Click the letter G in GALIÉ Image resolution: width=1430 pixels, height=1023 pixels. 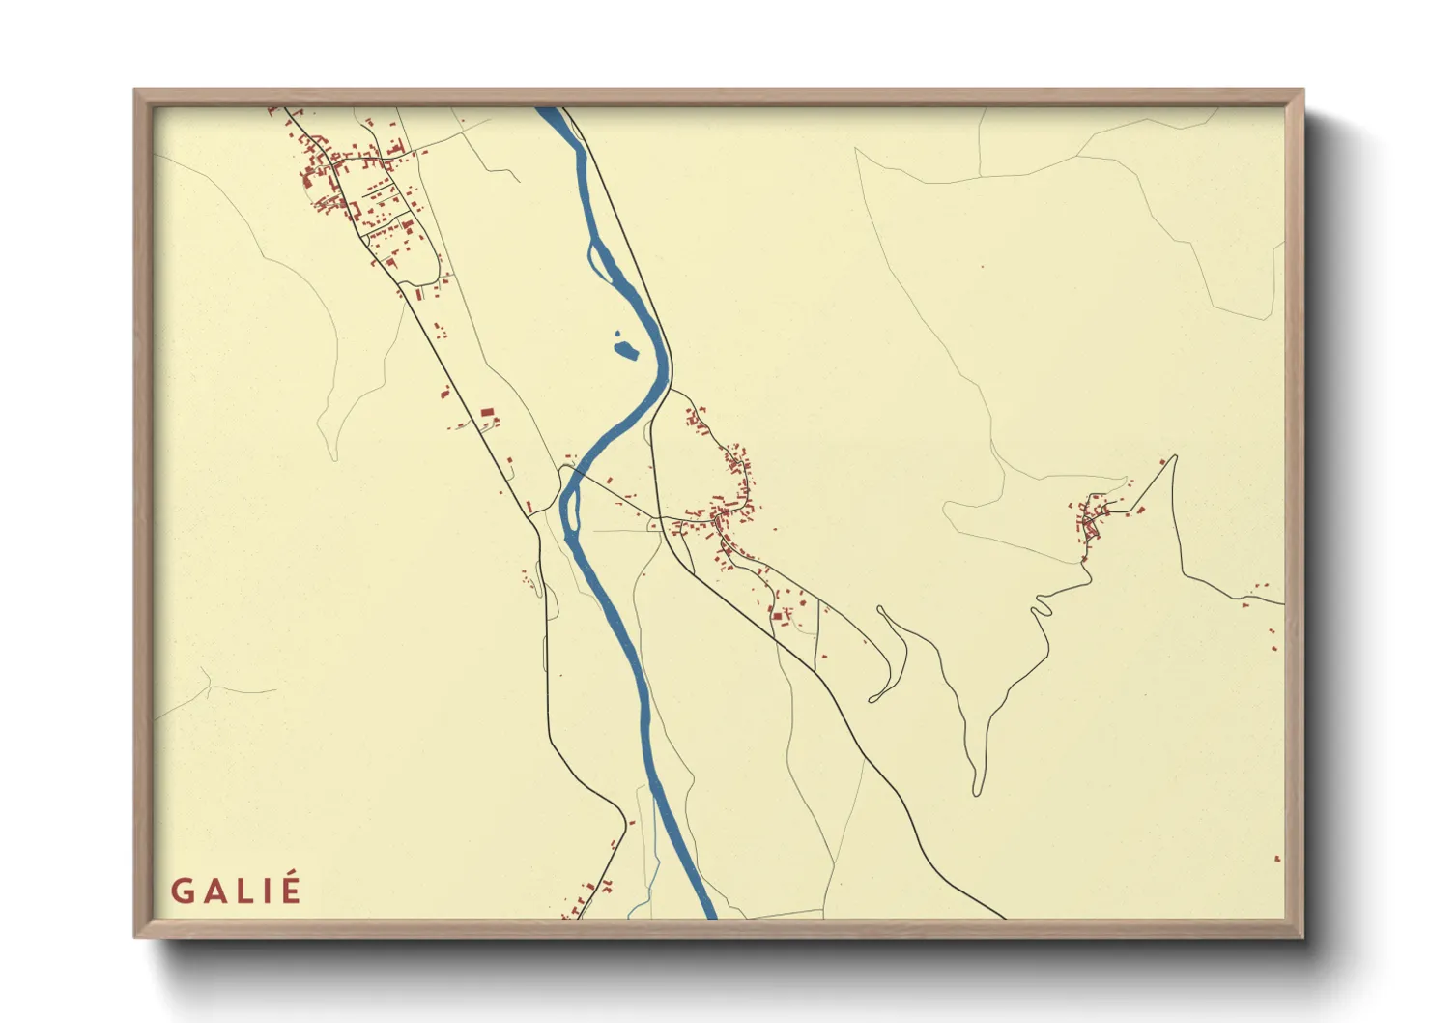point(183,891)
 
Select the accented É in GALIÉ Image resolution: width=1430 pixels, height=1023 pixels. point(290,889)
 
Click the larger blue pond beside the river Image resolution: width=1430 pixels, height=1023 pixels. point(627,350)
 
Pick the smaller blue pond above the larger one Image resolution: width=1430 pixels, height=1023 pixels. point(618,336)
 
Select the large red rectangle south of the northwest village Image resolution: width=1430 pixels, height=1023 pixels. point(487,413)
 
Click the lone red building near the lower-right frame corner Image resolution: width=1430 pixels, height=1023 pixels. point(1277,858)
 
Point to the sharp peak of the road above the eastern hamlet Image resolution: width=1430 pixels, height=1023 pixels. point(1175,456)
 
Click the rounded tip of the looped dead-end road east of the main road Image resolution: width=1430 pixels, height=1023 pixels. point(873,698)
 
